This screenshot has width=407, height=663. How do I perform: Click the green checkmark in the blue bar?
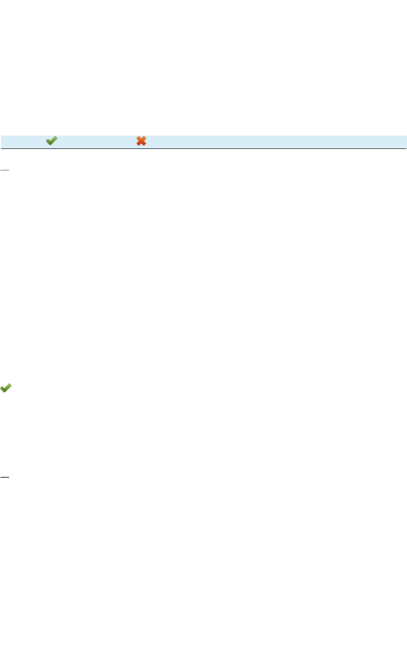click(52, 141)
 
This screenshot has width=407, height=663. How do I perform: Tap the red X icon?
click(141, 141)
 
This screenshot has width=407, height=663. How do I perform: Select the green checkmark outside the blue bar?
click(6, 389)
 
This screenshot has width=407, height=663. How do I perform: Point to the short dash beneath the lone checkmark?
click(5, 476)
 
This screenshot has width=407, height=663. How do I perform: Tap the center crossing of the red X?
click(141, 141)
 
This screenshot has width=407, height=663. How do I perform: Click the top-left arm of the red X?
click(138, 138)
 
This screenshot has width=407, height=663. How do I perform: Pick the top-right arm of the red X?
click(144, 138)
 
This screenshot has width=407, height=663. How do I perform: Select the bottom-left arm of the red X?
click(138, 144)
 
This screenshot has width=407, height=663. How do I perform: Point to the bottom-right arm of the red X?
click(144, 144)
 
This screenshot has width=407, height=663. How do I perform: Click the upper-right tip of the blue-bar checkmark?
click(56, 137)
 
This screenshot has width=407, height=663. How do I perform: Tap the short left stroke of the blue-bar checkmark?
click(48, 141)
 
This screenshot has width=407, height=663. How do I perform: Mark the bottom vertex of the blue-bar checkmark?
click(50, 144)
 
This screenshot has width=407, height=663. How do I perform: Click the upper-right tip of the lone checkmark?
click(10, 385)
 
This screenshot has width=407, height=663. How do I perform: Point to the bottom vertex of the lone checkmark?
click(5, 391)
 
